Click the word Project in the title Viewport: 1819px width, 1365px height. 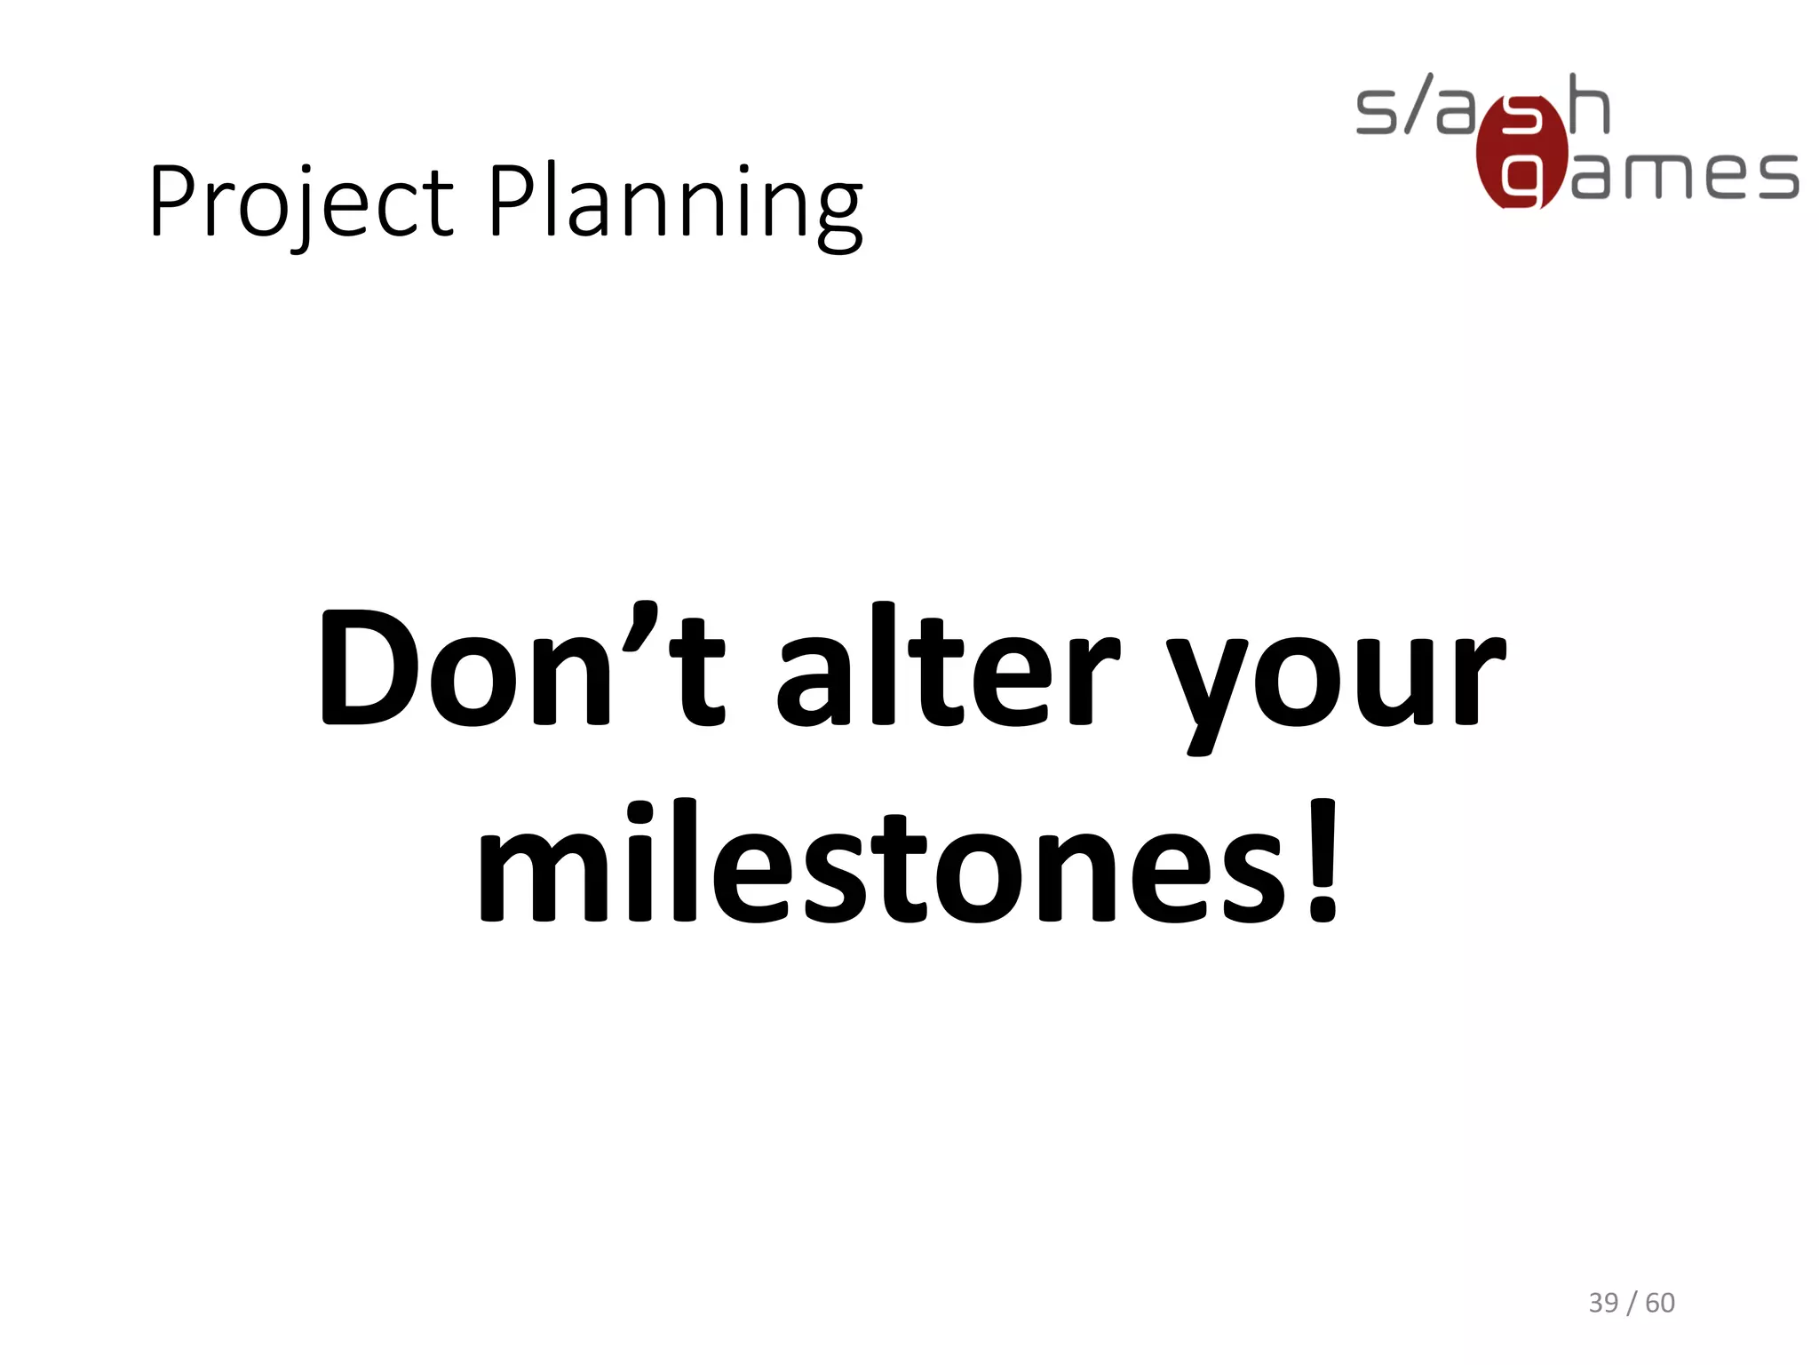click(300, 202)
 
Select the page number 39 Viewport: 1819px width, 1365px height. click(1603, 1303)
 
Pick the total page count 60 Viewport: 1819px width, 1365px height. click(1660, 1303)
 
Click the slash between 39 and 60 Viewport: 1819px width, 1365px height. click(1632, 1304)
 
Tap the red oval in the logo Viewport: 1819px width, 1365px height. click(1521, 152)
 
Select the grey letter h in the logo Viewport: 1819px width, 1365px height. click(1589, 105)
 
